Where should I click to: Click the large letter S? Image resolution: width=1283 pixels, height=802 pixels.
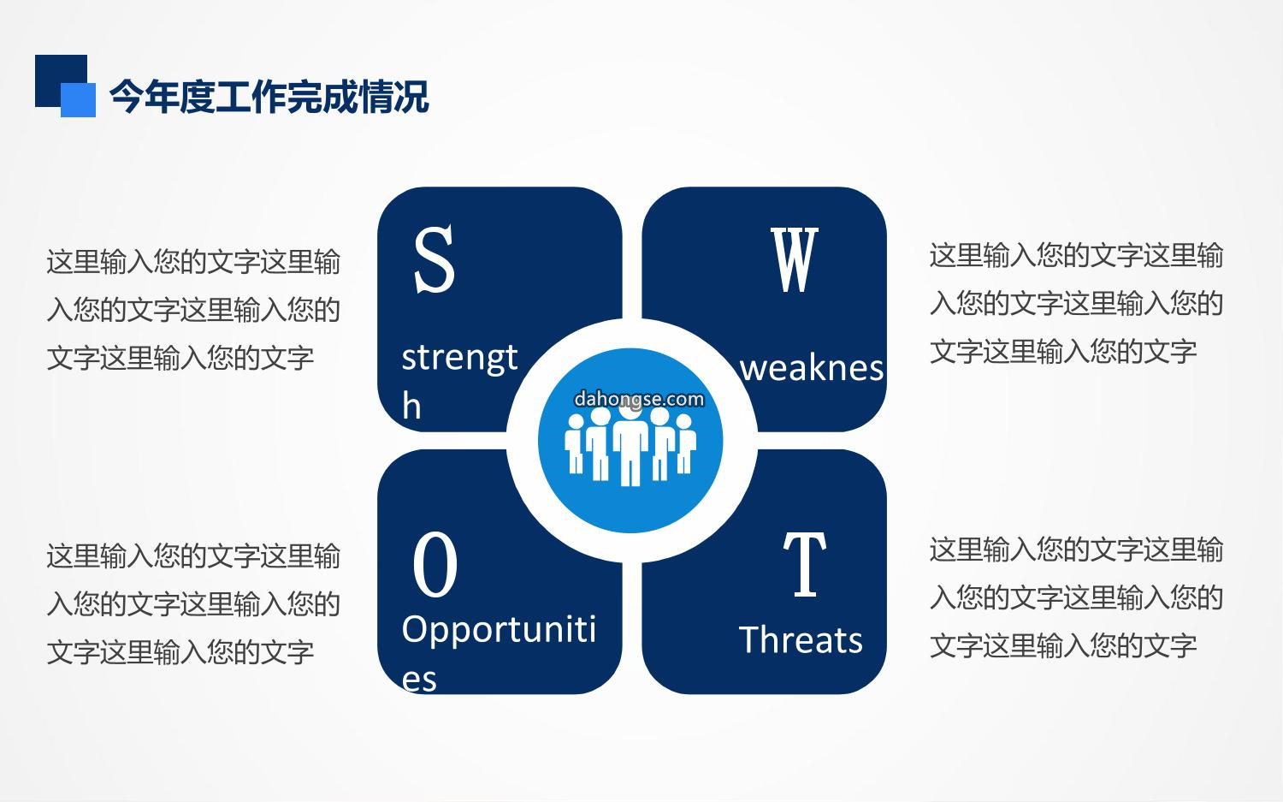coord(435,259)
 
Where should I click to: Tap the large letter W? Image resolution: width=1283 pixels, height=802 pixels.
coord(795,259)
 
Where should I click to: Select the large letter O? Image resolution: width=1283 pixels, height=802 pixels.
coord(435,564)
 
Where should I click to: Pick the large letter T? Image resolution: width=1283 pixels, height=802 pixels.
coord(805,564)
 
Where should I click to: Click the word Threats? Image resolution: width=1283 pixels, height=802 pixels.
coord(801,639)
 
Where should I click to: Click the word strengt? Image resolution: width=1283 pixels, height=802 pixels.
coord(460,359)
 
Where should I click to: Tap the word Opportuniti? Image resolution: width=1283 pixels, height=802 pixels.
coord(499,631)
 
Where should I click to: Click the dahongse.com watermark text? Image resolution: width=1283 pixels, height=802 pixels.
coord(639,398)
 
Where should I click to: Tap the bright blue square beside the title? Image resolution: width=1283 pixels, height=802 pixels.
coord(78,100)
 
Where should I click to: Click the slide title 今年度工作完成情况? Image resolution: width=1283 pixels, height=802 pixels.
coord(269,97)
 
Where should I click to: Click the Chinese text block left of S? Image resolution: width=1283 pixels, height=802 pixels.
coord(193,310)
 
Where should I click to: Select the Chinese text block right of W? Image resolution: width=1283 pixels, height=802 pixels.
coord(1076,303)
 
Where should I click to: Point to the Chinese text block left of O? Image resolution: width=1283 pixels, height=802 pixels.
coord(193,604)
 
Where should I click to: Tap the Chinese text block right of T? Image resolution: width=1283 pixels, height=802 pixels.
coord(1076,598)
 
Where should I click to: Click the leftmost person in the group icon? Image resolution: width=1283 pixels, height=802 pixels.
coord(575,443)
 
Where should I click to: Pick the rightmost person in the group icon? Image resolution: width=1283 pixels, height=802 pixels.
coord(686,443)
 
